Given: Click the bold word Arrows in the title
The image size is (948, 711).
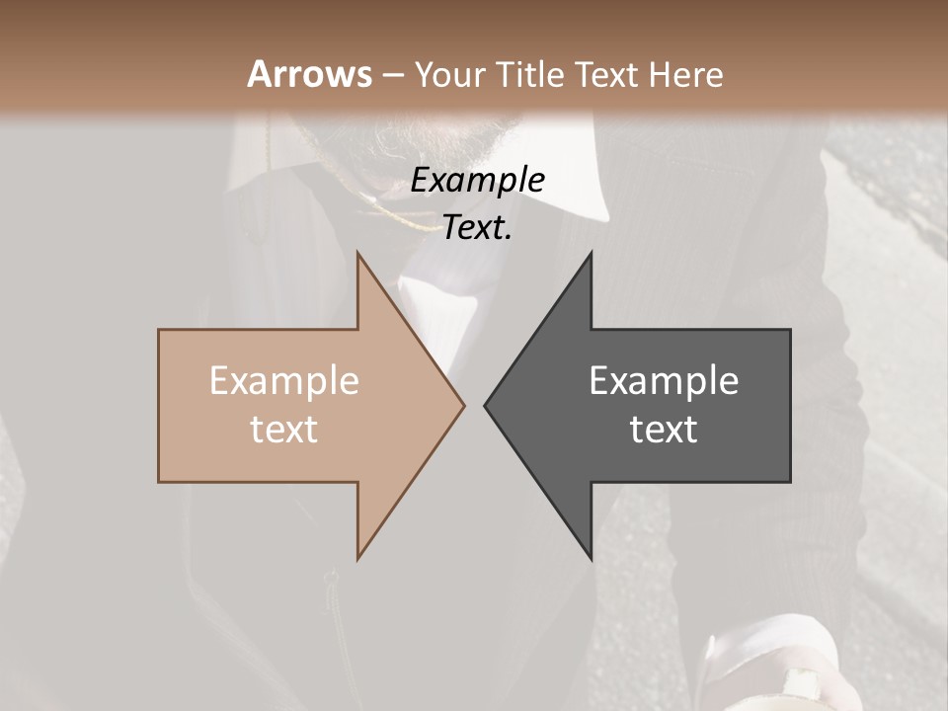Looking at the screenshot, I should pos(309,74).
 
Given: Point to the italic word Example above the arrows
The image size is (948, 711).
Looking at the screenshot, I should pos(477,181).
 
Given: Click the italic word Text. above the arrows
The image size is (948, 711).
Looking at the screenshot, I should pos(477,228).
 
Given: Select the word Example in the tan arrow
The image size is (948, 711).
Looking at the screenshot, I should pos(284,381).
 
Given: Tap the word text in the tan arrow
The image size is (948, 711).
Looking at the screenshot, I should pos(284,430).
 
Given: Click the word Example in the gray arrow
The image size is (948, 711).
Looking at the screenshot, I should pos(664,381).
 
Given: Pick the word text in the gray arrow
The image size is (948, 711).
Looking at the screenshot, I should pos(664,430).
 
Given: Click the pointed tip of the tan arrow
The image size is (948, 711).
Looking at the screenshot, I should pos(464,405).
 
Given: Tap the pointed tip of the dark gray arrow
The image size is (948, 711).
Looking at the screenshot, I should pos(485,405).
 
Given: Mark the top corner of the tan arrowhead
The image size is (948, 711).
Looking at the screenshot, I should pos(357,252).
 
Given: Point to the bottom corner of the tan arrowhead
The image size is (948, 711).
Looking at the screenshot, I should pos(357,559).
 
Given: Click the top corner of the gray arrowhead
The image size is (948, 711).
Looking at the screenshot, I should pos(591,252).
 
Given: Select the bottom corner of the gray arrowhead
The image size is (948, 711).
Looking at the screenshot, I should pos(591,559).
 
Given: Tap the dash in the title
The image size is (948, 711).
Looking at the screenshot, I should pos(392,75).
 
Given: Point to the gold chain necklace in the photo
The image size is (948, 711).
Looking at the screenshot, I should pos(395,212).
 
